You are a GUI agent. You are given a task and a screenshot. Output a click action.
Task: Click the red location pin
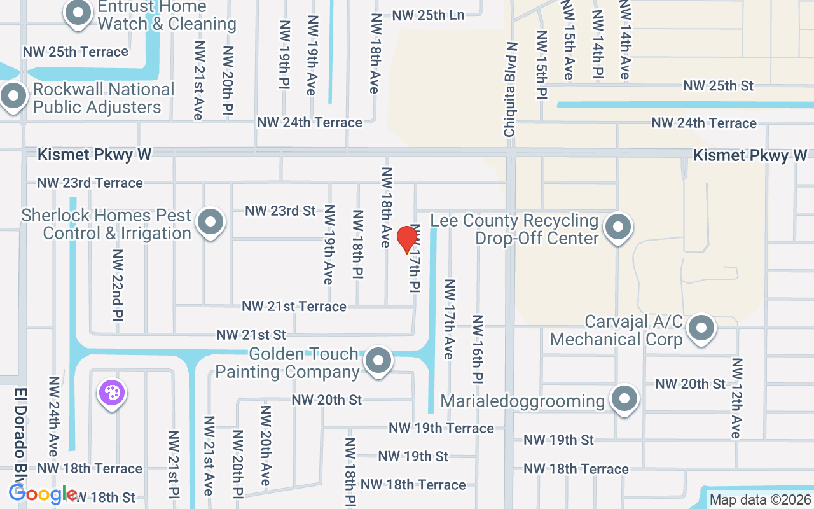coord(406,239)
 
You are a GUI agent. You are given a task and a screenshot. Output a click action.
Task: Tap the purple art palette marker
coord(111,393)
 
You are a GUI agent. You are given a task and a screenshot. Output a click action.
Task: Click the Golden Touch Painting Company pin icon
coord(379,361)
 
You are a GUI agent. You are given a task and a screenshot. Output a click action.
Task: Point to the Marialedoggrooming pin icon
coord(624,400)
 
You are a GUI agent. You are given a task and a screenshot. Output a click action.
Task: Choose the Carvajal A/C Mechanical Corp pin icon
coord(701,329)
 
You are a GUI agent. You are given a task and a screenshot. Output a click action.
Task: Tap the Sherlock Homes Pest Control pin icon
coord(210,223)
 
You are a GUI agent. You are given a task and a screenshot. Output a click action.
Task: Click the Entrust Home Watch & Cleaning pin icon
coord(78,13)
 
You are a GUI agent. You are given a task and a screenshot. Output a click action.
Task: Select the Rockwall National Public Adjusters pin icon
coord(13,97)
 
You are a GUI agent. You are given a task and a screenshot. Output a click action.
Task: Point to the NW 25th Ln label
coord(428,15)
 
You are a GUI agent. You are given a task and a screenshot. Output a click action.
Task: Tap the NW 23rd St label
coord(280,211)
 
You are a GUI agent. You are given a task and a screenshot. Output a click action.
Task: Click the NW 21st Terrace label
coord(294,307)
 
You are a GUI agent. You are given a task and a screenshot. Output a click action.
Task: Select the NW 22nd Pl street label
coord(118,284)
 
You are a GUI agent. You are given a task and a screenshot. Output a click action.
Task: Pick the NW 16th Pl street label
coord(478,349)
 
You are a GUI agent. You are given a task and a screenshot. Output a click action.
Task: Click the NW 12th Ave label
coord(736,398)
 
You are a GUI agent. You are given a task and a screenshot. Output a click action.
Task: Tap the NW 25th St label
coord(718,85)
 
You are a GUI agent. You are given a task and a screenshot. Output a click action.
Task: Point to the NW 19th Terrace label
coord(441,428)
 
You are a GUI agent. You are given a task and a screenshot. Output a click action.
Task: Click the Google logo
coord(43,494)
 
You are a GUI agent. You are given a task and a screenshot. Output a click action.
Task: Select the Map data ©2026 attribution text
coord(761,500)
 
